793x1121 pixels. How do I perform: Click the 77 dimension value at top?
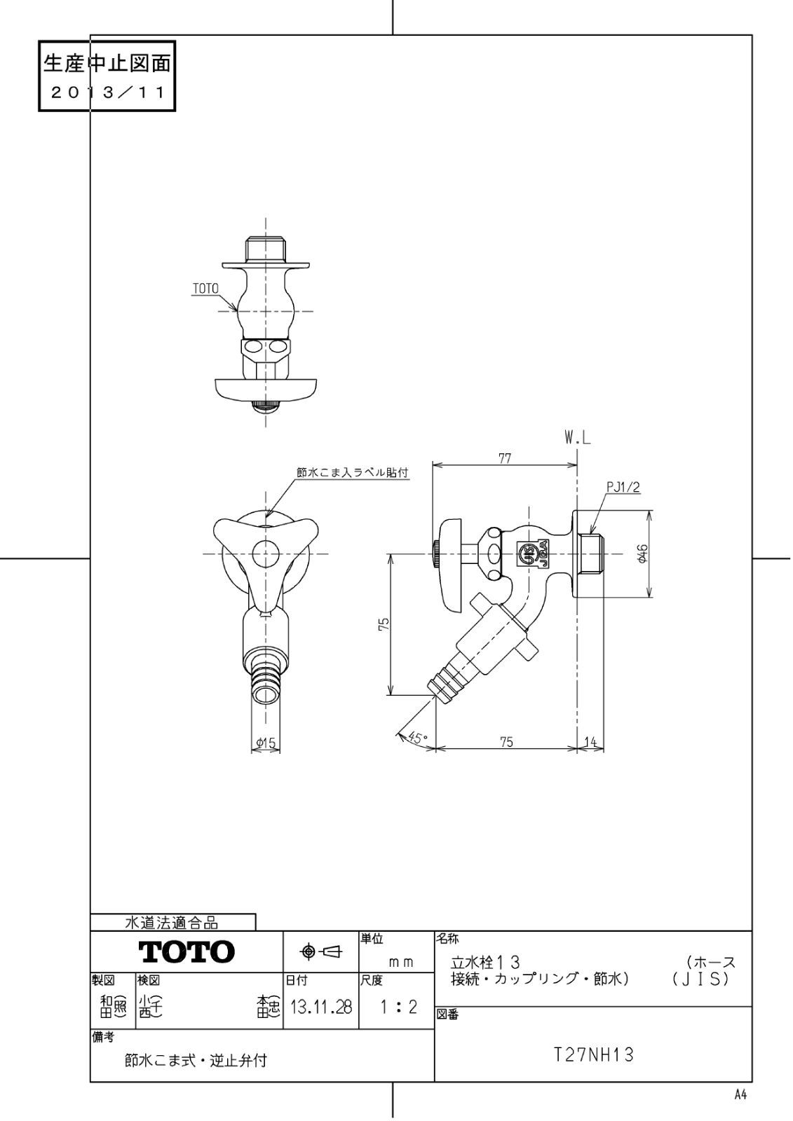coord(504,459)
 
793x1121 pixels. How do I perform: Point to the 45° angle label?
coord(416,738)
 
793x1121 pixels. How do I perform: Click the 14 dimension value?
coord(590,742)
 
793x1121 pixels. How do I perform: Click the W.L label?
coord(578,439)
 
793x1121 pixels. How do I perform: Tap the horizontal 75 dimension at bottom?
coord(506,742)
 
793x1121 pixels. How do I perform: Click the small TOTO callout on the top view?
coord(205,289)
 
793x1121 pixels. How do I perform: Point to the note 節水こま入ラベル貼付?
coord(352,473)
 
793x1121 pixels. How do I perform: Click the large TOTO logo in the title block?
coord(187,951)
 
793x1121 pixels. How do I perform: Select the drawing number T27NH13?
coord(593,1054)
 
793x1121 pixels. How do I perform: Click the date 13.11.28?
coord(320,1007)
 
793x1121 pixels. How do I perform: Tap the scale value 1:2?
coord(397,1007)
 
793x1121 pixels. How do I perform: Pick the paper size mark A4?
coord(740,1095)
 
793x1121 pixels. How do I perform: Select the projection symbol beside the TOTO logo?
coord(320,951)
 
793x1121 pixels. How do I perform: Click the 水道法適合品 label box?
coord(172,923)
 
